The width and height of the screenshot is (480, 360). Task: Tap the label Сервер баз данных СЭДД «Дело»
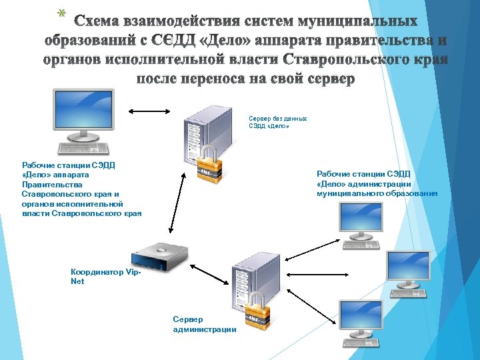tap(277, 121)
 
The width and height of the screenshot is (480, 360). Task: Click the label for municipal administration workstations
tap(377, 184)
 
